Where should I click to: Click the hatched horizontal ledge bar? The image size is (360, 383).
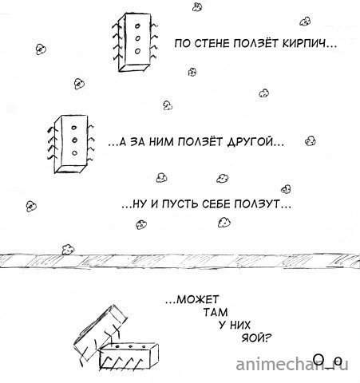(180, 259)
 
